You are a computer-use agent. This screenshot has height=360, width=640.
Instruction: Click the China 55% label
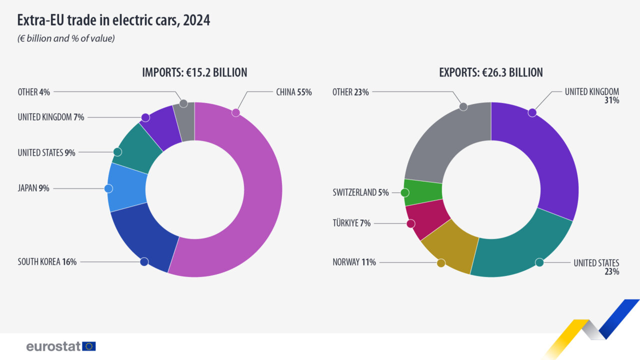tap(293, 92)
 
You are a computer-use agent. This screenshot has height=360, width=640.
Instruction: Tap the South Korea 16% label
tap(47, 261)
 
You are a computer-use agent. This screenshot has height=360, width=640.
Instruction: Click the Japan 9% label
tap(33, 188)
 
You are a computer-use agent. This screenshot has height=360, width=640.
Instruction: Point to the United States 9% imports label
tap(46, 152)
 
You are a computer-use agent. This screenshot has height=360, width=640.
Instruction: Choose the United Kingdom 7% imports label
tap(50, 117)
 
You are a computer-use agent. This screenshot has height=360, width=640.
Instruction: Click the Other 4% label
tap(34, 92)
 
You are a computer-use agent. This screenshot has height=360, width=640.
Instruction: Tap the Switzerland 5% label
tap(360, 192)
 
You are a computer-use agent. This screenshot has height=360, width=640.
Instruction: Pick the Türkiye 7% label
tap(351, 223)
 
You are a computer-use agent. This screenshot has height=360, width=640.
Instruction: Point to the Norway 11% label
tap(354, 261)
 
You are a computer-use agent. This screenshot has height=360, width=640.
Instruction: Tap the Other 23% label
tap(350, 92)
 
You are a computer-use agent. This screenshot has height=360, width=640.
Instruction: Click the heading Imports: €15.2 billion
tap(195, 72)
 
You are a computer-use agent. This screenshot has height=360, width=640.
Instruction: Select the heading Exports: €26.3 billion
tap(490, 72)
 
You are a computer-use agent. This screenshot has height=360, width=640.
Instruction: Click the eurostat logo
tap(60, 346)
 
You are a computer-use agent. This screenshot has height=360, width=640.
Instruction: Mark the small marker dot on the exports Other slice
tap(463, 106)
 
